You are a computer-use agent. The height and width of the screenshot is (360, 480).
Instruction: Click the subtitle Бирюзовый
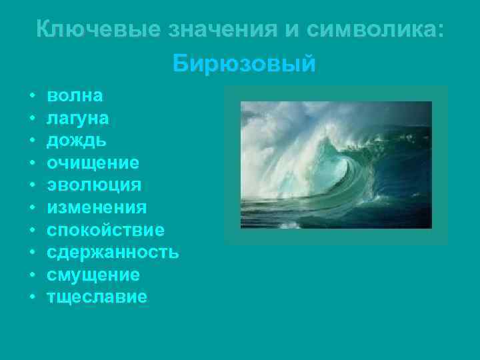243,65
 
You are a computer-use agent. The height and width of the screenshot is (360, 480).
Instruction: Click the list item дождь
75,140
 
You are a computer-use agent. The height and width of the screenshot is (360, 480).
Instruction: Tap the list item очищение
93,163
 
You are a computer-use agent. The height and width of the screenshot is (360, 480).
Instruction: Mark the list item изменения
97,207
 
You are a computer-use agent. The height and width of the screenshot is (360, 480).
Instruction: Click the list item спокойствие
105,230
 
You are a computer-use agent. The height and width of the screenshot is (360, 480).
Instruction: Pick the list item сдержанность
112,252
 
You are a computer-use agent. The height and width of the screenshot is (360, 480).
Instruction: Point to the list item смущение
93,275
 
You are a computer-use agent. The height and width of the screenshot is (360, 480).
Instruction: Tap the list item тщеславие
97,297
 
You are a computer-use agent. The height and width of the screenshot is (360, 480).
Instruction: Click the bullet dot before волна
32,96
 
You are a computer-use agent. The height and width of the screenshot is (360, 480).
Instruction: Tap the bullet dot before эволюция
32,185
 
